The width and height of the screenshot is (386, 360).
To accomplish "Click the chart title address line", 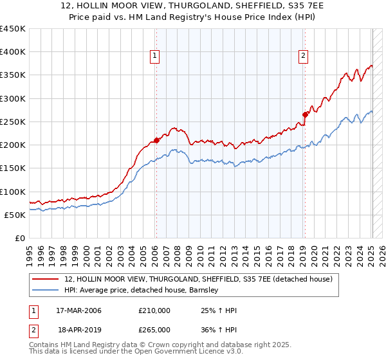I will pyautogui.click(x=193, y=6).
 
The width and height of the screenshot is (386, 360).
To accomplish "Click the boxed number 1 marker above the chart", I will pyautogui.click(x=156, y=57).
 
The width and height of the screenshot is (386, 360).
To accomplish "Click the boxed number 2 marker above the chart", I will pyautogui.click(x=303, y=57).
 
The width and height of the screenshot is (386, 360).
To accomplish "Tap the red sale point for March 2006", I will pyautogui.click(x=156, y=140).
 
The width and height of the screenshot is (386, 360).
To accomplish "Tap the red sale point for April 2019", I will pyautogui.click(x=305, y=114).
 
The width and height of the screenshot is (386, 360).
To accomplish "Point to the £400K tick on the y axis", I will pyautogui.click(x=13, y=52).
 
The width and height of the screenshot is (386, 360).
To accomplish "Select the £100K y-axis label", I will pyautogui.click(x=13, y=192).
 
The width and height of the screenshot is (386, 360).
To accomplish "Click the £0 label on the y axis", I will pyautogui.click(x=19, y=238).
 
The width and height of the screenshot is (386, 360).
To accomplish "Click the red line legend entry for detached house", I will pyautogui.click(x=198, y=279).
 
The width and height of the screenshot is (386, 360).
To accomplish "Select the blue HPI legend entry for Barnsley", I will pyautogui.click(x=142, y=291).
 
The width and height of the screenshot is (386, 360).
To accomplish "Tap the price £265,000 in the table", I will pyautogui.click(x=154, y=329).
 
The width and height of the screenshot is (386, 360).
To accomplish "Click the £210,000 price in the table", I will pyautogui.click(x=154, y=311).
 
